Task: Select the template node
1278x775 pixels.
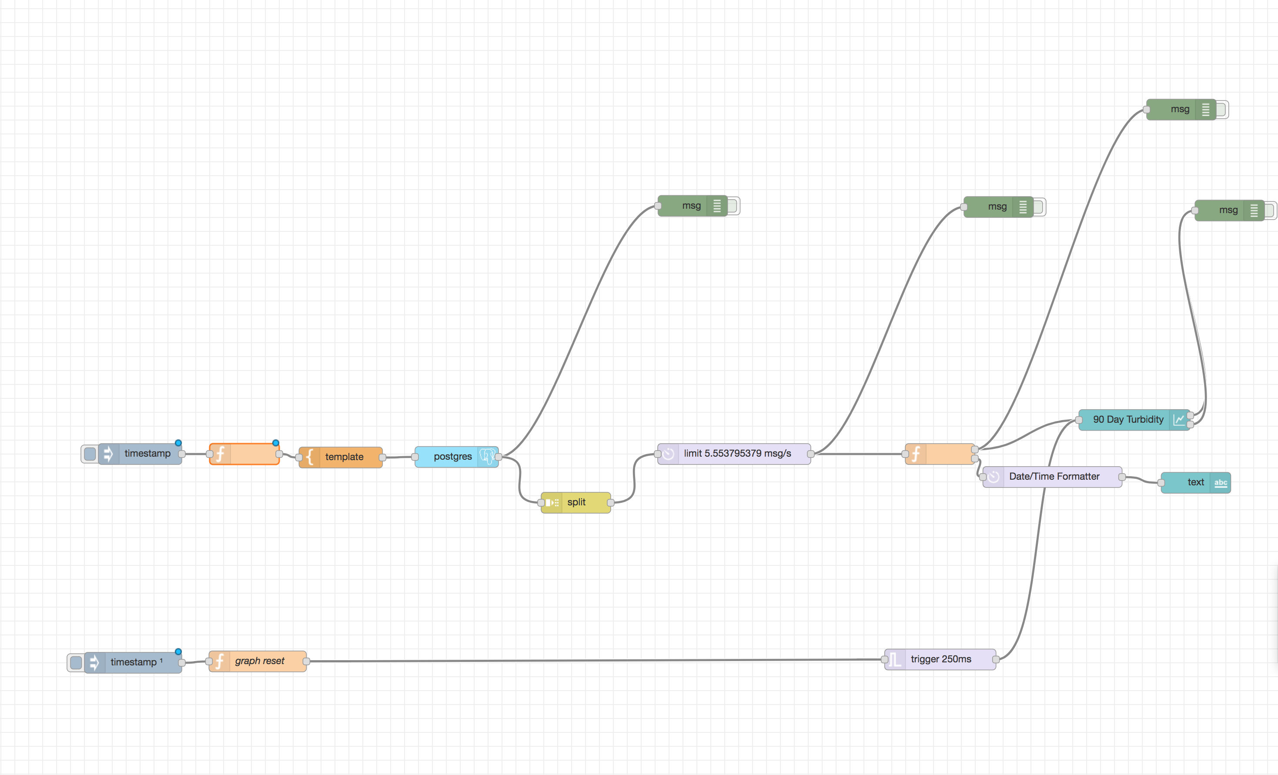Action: coord(343,457)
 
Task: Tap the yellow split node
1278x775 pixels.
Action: coord(576,502)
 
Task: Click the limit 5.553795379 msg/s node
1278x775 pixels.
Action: coord(736,454)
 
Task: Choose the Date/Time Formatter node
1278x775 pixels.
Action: coord(1054,476)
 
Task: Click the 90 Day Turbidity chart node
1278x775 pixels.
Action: coord(1127,419)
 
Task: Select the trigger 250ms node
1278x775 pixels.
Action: coord(940,659)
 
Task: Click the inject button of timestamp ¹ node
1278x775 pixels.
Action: coord(76,662)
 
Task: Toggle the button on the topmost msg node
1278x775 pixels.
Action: coord(1221,110)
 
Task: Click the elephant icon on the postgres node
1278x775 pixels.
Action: coord(487,457)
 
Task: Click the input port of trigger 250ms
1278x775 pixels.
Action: coord(884,659)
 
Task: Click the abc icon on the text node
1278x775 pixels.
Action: coord(1221,483)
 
